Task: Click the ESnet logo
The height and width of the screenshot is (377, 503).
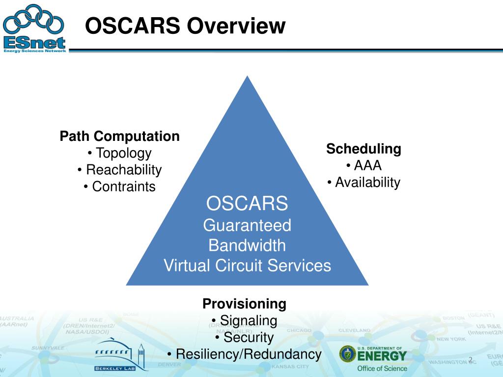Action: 34,28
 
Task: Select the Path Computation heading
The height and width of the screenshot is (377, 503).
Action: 120,136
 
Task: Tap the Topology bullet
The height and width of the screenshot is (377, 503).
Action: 120,153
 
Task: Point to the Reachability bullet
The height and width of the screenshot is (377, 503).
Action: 120,170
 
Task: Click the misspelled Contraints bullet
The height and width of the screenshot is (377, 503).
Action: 120,187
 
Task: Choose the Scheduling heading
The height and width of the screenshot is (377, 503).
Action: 364,149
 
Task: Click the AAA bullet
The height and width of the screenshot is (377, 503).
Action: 364,165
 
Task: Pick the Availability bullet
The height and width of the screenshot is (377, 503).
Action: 364,183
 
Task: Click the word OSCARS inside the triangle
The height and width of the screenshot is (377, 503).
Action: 247,203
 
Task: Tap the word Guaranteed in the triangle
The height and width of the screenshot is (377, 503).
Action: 247,226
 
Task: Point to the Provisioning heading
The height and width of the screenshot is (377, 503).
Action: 245,304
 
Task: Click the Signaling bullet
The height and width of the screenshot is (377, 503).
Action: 245,321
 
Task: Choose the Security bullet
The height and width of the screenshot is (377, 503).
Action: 245,337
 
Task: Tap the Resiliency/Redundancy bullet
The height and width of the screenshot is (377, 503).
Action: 245,354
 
